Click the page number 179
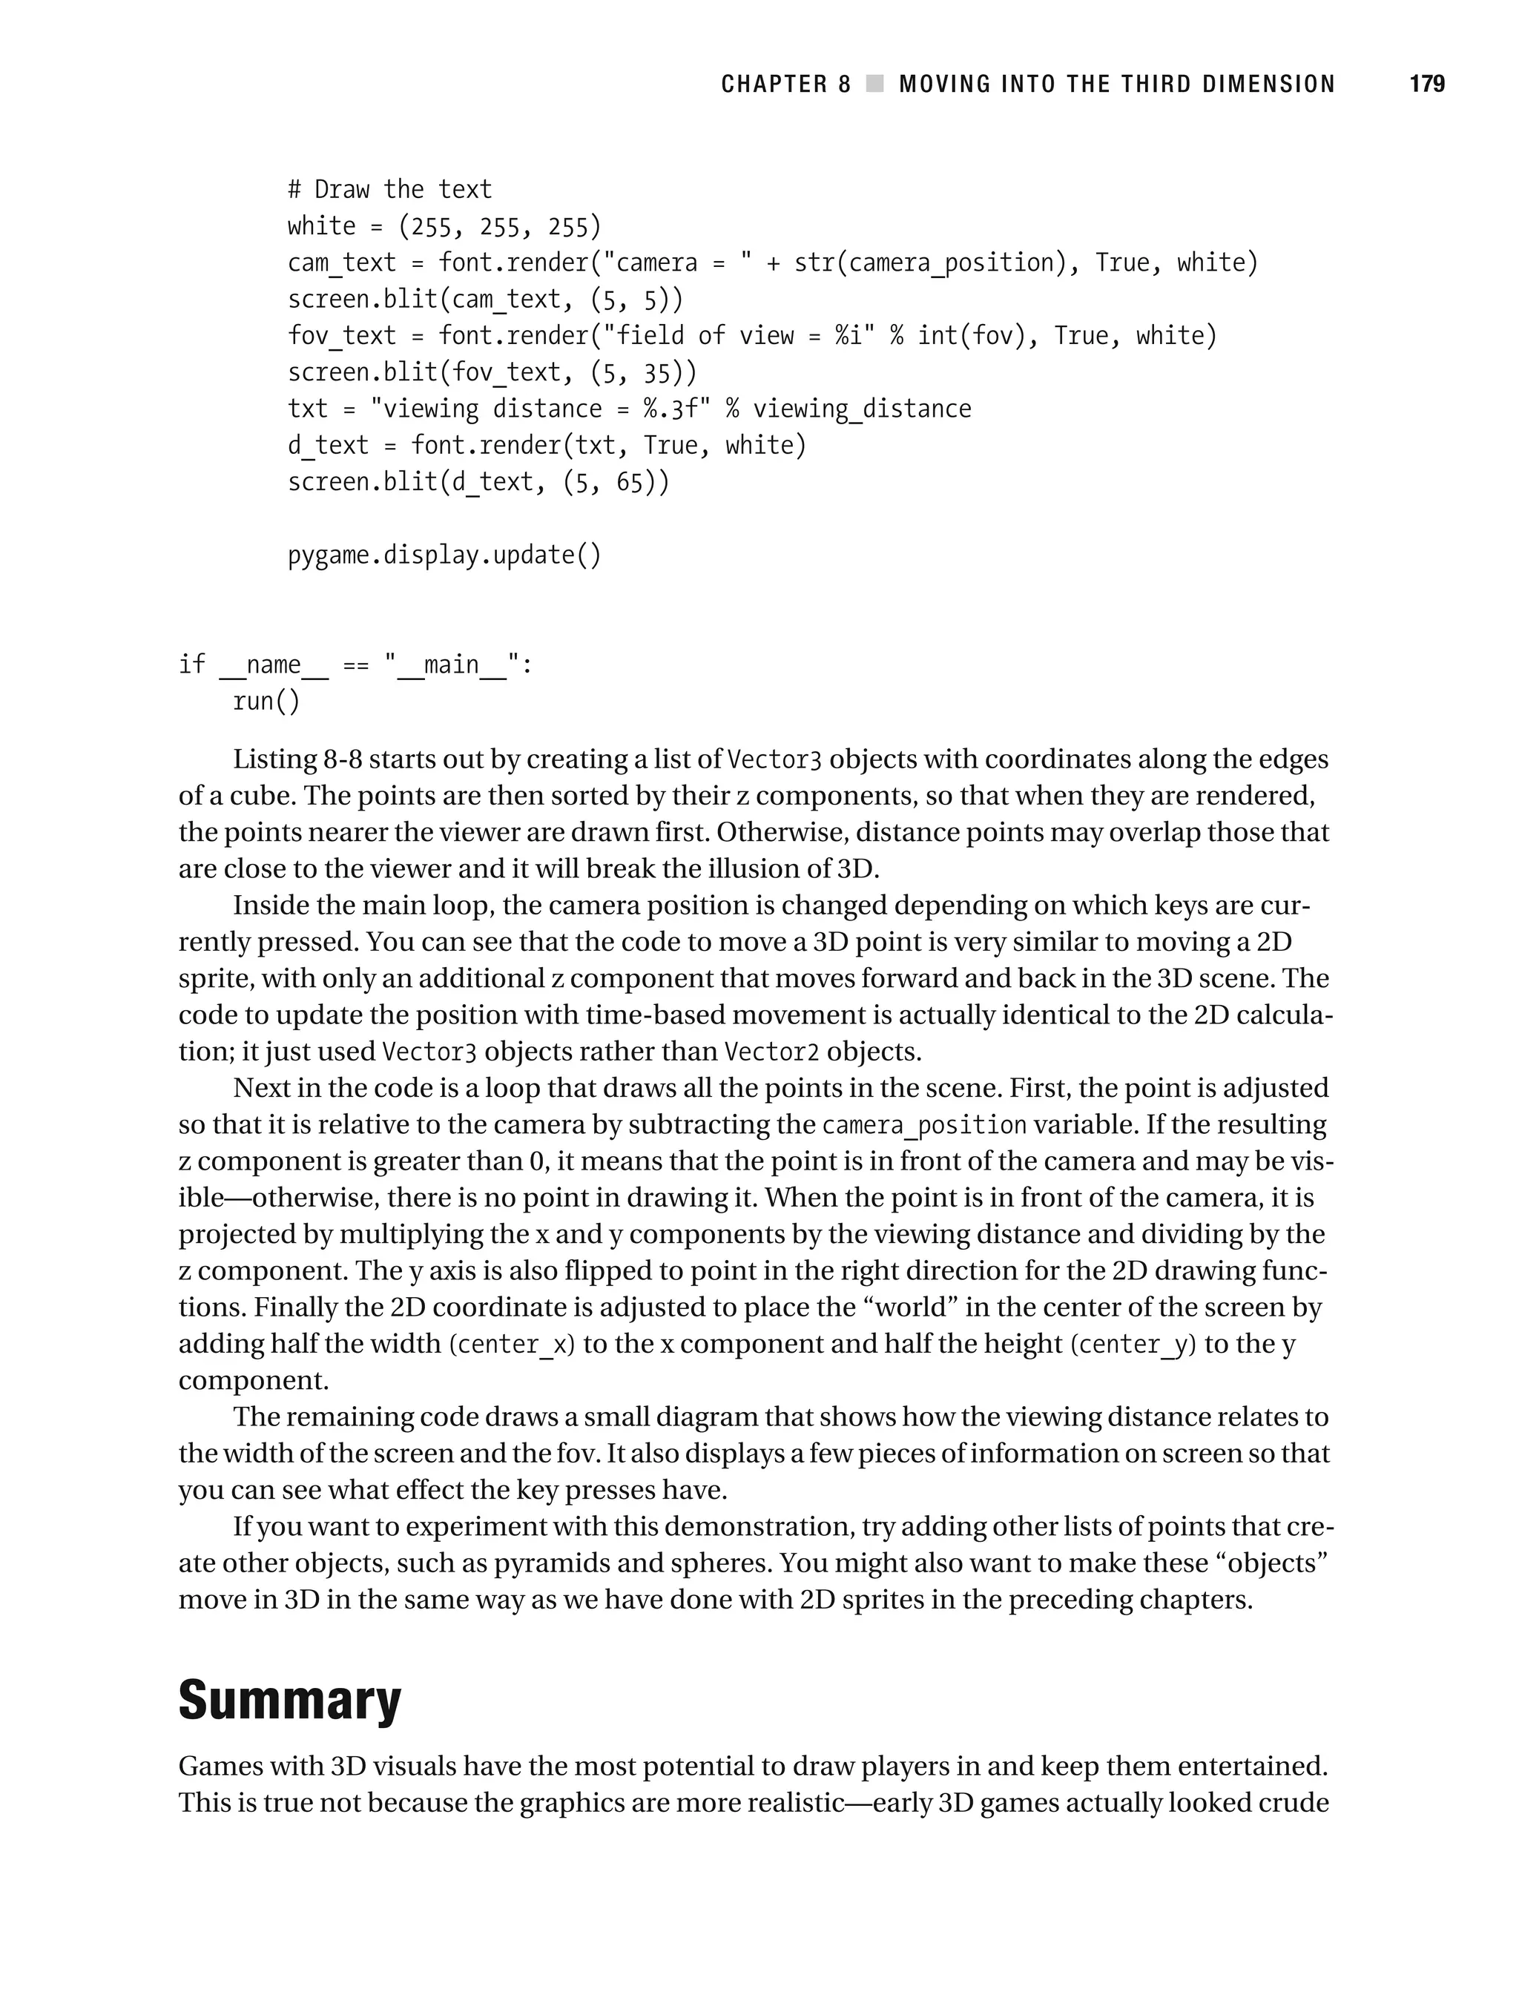(x=1426, y=85)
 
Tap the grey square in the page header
(x=874, y=85)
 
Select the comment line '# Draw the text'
(x=389, y=189)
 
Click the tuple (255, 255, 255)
(x=499, y=226)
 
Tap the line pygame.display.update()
(x=444, y=555)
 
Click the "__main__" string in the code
(x=450, y=665)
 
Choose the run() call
(x=266, y=702)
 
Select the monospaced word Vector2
(x=771, y=1052)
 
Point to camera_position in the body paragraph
(x=924, y=1125)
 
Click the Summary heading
(x=290, y=1699)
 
